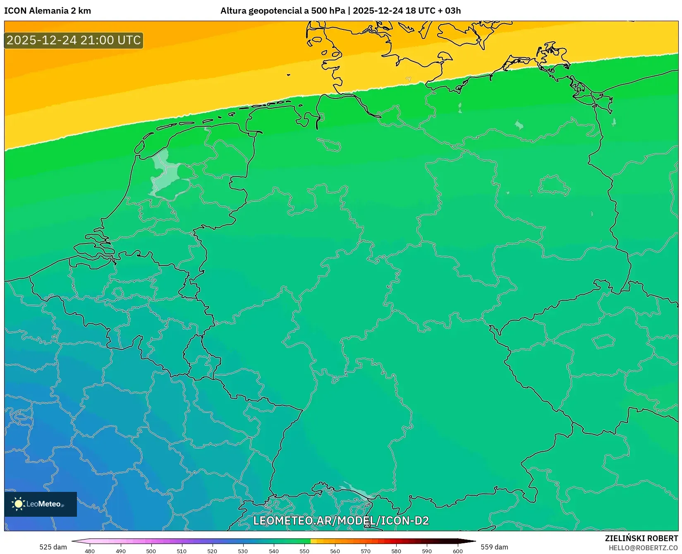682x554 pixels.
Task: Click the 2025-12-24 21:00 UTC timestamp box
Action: (74, 40)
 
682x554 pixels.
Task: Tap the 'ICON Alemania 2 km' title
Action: (48, 11)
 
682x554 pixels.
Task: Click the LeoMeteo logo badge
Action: (41, 504)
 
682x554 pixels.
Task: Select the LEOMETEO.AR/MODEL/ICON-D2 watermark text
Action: (341, 520)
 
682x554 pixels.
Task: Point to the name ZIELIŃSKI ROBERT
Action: (641, 538)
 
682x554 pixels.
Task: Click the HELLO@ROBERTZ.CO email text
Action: (643, 548)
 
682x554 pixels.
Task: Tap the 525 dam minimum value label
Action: (53, 547)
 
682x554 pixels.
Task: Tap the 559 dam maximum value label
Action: (494, 547)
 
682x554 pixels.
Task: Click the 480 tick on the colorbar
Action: (90, 551)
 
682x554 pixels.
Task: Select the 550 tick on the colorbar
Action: (304, 551)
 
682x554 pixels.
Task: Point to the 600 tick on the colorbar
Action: (457, 551)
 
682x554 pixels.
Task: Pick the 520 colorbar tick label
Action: (212, 551)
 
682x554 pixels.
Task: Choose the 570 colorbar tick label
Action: (366, 551)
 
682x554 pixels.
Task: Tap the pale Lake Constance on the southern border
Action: (356, 491)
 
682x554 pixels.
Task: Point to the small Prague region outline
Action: (603, 341)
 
